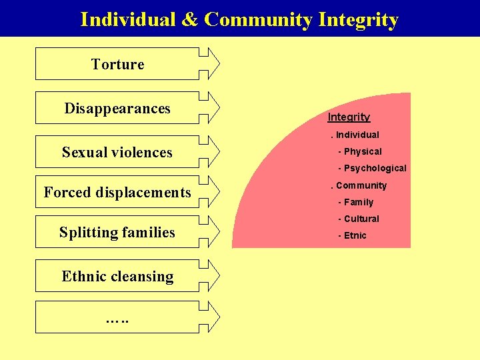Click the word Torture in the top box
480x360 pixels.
coord(117,65)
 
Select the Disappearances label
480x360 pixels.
coord(117,109)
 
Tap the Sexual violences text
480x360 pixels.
coord(117,153)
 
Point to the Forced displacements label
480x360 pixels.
coord(117,193)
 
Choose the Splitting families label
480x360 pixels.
coord(117,233)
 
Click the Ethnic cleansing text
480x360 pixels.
coord(117,277)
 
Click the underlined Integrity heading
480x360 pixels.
coord(349,117)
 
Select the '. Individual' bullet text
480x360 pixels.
coord(355,135)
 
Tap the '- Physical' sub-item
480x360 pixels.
coord(360,151)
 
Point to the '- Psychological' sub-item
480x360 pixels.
coord(372,168)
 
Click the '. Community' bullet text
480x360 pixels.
coord(359,185)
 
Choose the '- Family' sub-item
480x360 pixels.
coord(356,202)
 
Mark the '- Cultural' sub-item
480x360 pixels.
coord(359,219)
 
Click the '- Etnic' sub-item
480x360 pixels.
coord(353,235)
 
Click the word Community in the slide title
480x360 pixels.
coord(259,20)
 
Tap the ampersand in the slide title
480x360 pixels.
coord(189,20)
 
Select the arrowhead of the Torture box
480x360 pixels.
coord(210,64)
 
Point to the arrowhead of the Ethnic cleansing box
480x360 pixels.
coord(210,276)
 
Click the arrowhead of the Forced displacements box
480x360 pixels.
coord(210,192)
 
